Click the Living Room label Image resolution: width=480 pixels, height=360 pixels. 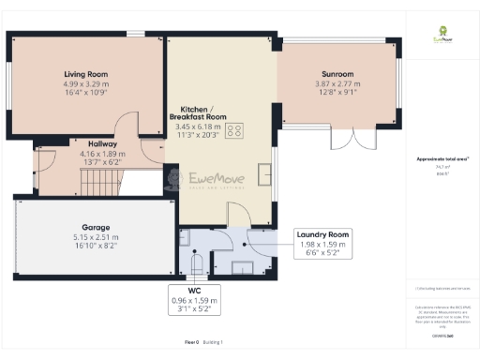(x=86, y=73)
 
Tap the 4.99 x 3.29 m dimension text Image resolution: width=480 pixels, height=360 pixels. (x=86, y=83)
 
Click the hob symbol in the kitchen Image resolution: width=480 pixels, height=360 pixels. (x=234, y=131)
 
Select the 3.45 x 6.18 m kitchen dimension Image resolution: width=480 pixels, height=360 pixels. (x=198, y=127)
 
